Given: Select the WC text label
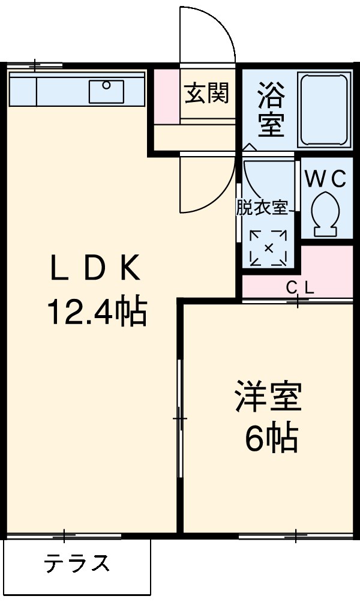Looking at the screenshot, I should click(324, 179).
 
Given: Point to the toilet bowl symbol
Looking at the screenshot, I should click(326, 214).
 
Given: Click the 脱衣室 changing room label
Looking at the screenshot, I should click(261, 208).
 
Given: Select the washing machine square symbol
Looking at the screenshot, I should click(268, 247).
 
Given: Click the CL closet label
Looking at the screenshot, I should click(299, 288).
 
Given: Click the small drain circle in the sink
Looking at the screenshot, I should click(106, 85).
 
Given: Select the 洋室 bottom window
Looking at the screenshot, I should click(295, 535).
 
